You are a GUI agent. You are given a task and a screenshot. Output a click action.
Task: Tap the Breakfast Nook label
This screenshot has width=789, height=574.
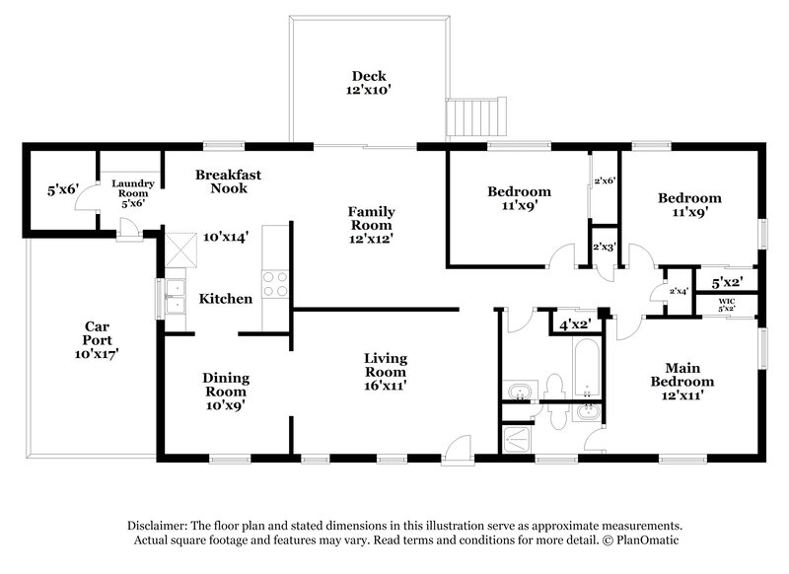(228, 181)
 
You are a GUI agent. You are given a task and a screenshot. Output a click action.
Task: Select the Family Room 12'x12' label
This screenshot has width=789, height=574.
(371, 220)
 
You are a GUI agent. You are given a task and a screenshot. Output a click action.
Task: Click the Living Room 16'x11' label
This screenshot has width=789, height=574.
(386, 366)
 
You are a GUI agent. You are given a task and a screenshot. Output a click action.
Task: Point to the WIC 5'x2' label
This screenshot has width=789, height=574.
(727, 302)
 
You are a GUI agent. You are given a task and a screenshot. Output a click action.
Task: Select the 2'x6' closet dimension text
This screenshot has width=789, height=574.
(604, 180)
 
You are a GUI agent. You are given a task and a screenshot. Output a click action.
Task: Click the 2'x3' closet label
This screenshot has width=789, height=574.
(604, 248)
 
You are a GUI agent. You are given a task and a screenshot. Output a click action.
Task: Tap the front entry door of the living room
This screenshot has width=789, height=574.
(457, 452)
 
